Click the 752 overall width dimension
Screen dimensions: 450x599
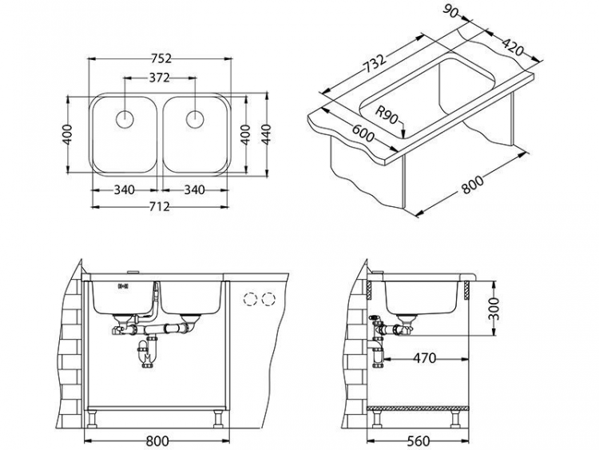click(161, 58)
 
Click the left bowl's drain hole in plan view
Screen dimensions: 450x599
click(125, 119)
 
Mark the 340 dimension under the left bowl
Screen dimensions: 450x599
click(124, 189)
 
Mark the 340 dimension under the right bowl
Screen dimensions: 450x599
click(195, 189)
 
